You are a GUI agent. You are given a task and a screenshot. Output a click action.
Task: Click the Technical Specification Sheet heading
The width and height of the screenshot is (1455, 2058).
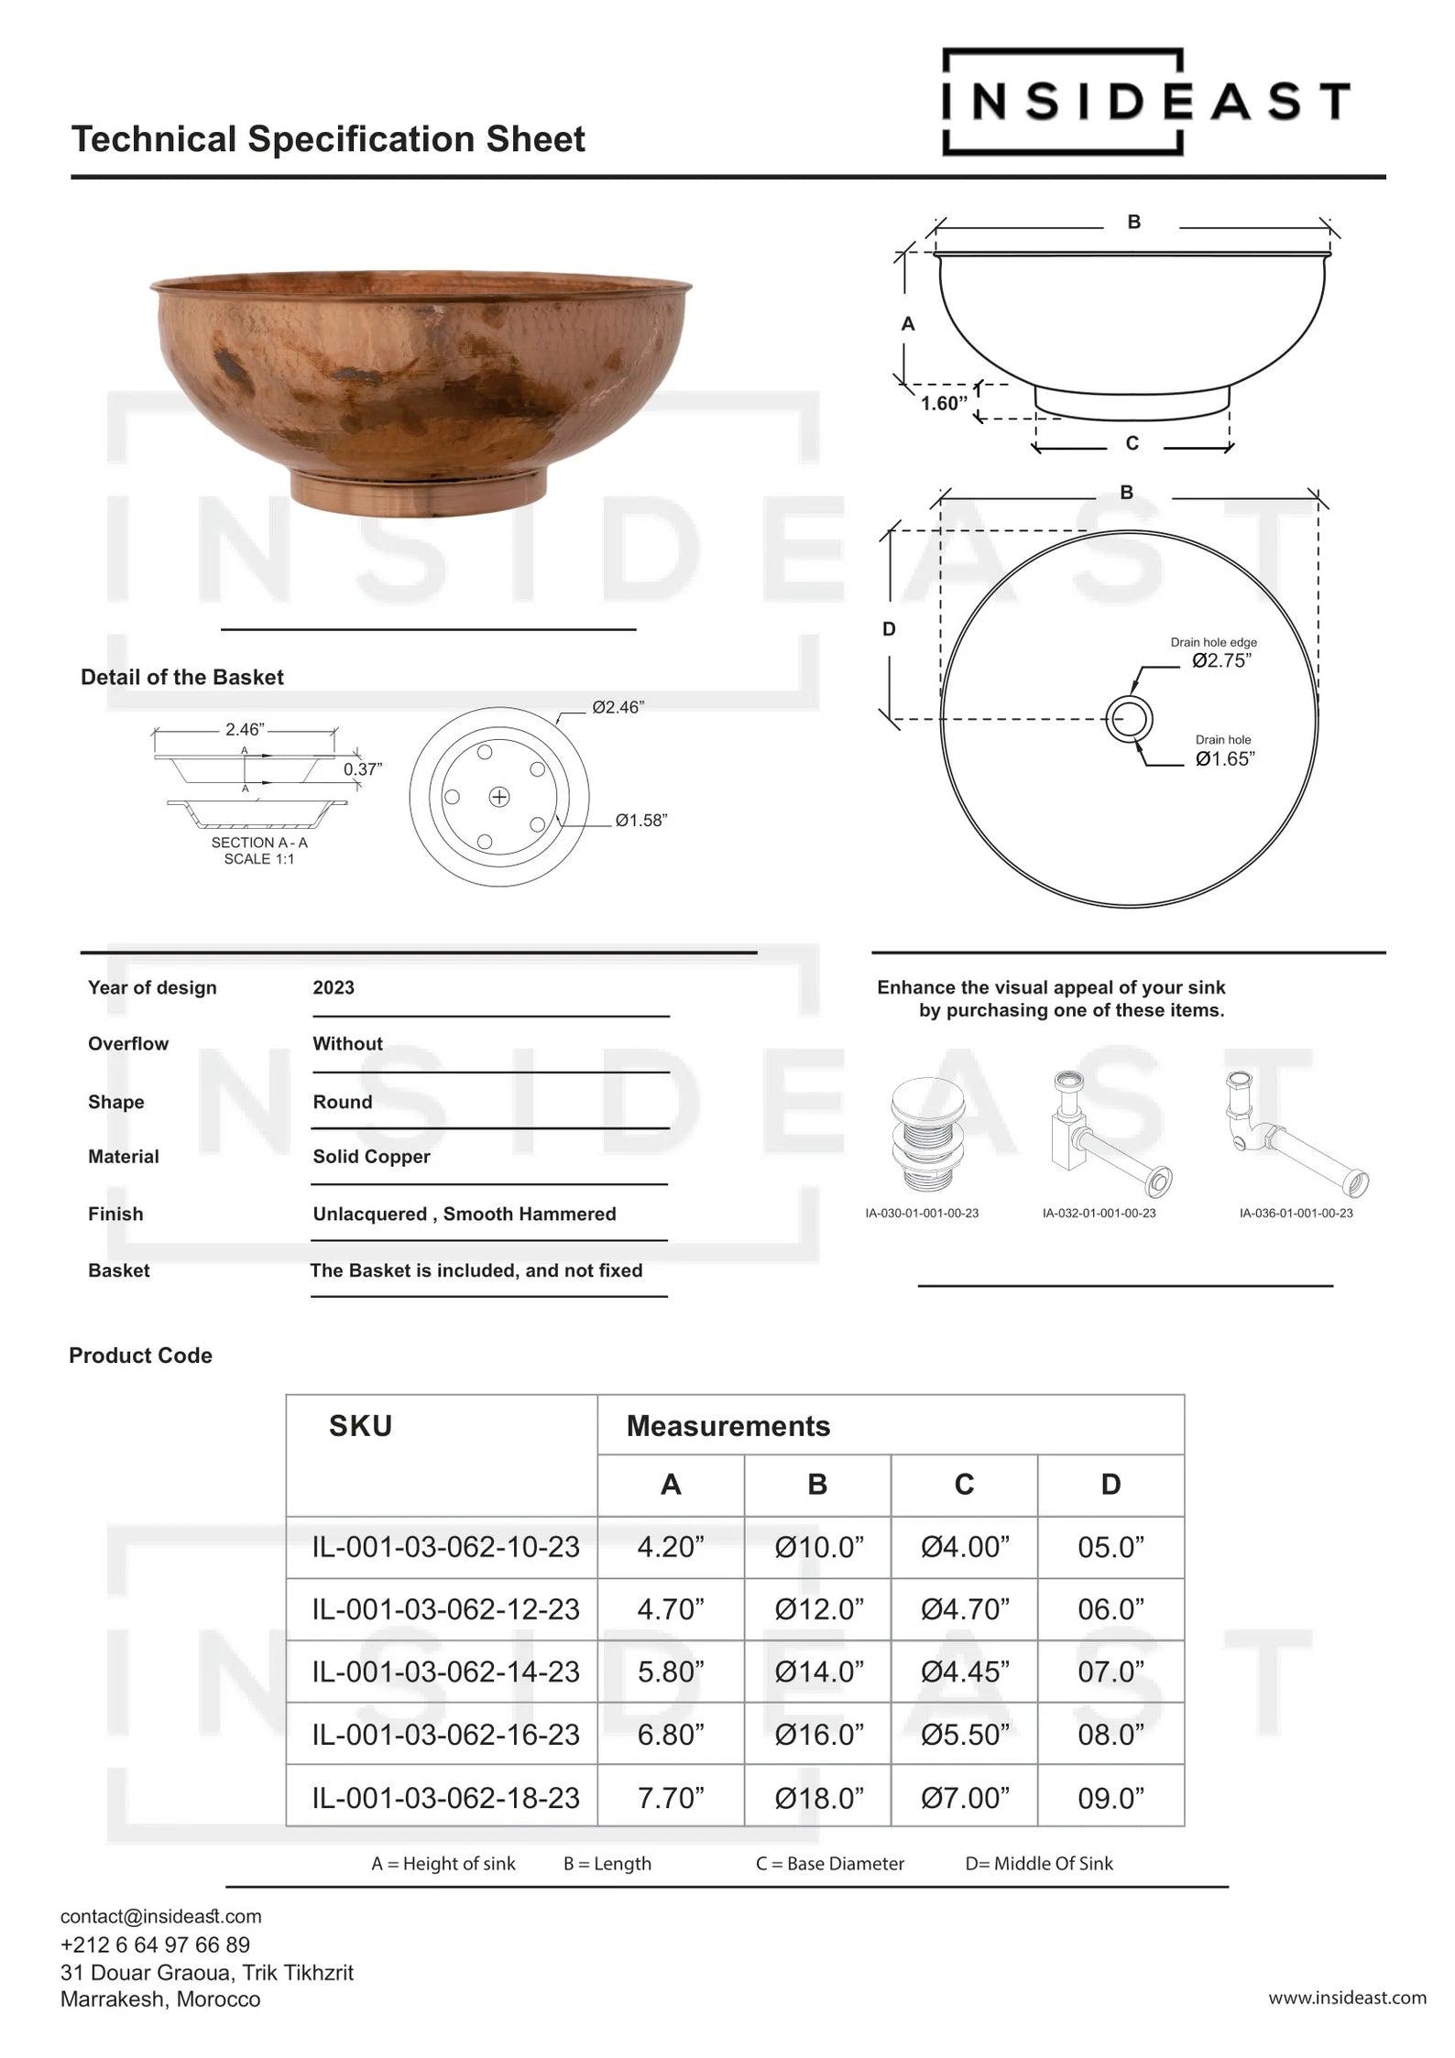click(x=328, y=139)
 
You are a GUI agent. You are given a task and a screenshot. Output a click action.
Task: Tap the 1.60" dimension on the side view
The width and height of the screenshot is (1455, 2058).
click(x=944, y=403)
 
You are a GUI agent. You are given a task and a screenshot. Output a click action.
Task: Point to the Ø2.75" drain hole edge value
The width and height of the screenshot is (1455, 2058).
click(x=1221, y=660)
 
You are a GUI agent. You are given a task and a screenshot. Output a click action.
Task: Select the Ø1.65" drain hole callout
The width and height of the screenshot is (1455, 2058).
click(x=1224, y=758)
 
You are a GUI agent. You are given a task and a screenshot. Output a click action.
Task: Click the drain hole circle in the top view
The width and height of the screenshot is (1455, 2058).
click(x=1129, y=718)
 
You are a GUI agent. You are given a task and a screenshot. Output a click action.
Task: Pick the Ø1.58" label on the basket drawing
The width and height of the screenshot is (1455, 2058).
click(x=640, y=820)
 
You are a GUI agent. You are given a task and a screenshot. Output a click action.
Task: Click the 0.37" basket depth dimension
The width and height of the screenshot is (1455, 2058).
click(x=363, y=769)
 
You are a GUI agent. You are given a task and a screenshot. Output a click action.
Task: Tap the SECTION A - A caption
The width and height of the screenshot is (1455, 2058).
click(x=259, y=843)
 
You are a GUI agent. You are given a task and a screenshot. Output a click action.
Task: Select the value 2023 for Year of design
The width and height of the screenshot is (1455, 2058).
click(x=334, y=987)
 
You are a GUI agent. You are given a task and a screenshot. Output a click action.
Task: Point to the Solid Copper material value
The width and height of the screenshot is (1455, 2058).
click(x=371, y=1156)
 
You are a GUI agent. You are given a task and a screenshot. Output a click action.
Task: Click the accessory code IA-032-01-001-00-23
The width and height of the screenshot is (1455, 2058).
click(x=1099, y=1213)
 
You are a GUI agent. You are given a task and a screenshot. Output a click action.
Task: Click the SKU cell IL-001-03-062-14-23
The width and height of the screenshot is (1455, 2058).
click(x=445, y=1671)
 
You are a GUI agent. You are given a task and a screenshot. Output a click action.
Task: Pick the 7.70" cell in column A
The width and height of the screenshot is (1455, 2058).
click(x=671, y=1797)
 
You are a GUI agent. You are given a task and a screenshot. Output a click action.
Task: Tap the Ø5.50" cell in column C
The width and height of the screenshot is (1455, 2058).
click(x=964, y=1734)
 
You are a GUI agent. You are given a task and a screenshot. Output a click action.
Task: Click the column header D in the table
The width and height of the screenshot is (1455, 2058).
click(x=1110, y=1484)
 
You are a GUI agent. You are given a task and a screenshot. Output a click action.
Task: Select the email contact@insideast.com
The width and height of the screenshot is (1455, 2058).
click(x=161, y=1916)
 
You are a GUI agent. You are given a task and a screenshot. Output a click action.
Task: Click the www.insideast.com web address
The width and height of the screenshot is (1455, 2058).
click(x=1347, y=1998)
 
